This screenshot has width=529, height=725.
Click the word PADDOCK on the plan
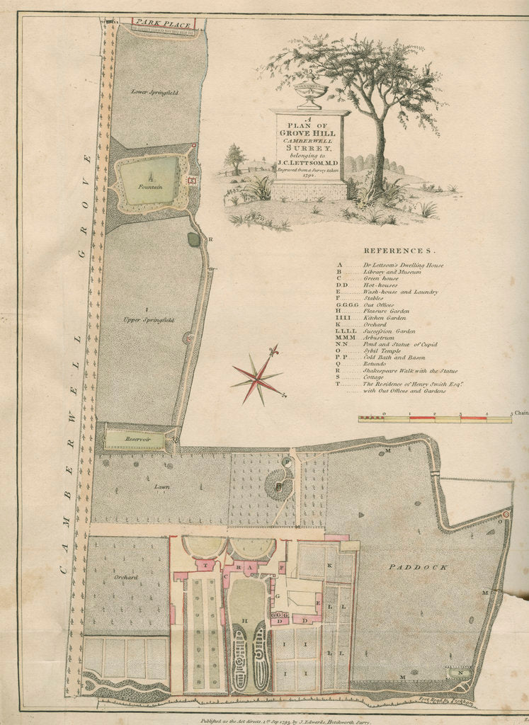coord(418,567)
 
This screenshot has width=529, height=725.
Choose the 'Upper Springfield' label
coord(149,320)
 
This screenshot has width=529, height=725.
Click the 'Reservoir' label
coord(135,439)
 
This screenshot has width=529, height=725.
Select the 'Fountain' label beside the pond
coord(150,186)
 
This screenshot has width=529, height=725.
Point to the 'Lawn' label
coord(161,487)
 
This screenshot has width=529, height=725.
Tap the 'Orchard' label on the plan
coord(125,577)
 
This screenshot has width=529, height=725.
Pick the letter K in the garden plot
coord(329,565)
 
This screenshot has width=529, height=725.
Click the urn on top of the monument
coord(310,89)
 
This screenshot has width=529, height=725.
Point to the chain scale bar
coord(435,419)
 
